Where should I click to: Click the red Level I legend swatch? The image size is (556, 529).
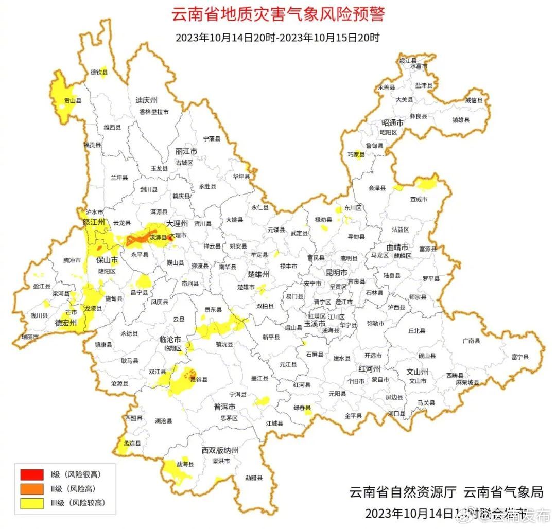tap(32, 474)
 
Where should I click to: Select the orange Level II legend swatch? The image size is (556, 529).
tap(32, 489)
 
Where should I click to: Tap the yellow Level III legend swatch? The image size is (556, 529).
tap(32, 503)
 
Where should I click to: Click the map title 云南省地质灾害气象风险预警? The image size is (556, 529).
tap(278, 14)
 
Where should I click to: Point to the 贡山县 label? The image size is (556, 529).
tap(73, 101)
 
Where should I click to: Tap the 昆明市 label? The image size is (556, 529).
tap(337, 272)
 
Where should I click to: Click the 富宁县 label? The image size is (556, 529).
tap(520, 357)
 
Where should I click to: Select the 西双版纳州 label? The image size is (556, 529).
tap(220, 451)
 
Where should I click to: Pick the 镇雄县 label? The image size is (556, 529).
tap(461, 120)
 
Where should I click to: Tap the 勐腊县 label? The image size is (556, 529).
tap(253, 478)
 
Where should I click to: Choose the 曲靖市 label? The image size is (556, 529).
tap(397, 247)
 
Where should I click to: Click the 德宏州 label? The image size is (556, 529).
tap(65, 323)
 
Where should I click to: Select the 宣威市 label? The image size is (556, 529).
tap(419, 199)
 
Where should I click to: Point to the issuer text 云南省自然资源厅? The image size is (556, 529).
tap(403, 492)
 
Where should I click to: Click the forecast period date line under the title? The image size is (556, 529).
tap(277, 38)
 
